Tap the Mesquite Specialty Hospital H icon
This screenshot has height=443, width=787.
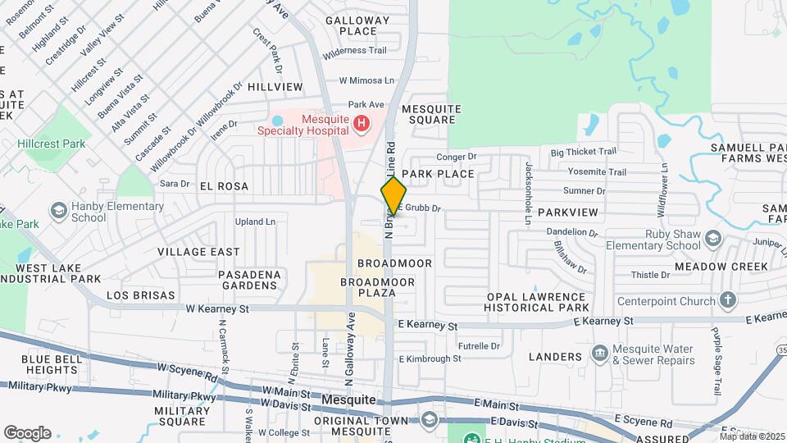point(362,125)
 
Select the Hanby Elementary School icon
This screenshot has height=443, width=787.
point(58,212)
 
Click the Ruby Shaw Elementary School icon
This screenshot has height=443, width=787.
point(712,239)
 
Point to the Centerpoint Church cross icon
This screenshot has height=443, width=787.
point(726,300)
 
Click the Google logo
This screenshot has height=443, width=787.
point(27,433)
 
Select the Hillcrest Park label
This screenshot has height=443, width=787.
point(50,144)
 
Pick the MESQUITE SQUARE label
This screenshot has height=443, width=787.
point(425,114)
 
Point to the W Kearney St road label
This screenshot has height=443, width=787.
point(217,309)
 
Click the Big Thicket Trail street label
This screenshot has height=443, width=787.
point(583,152)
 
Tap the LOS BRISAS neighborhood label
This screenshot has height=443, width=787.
point(141,295)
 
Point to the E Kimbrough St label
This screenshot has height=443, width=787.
point(430,359)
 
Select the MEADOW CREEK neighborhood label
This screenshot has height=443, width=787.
point(721,267)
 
